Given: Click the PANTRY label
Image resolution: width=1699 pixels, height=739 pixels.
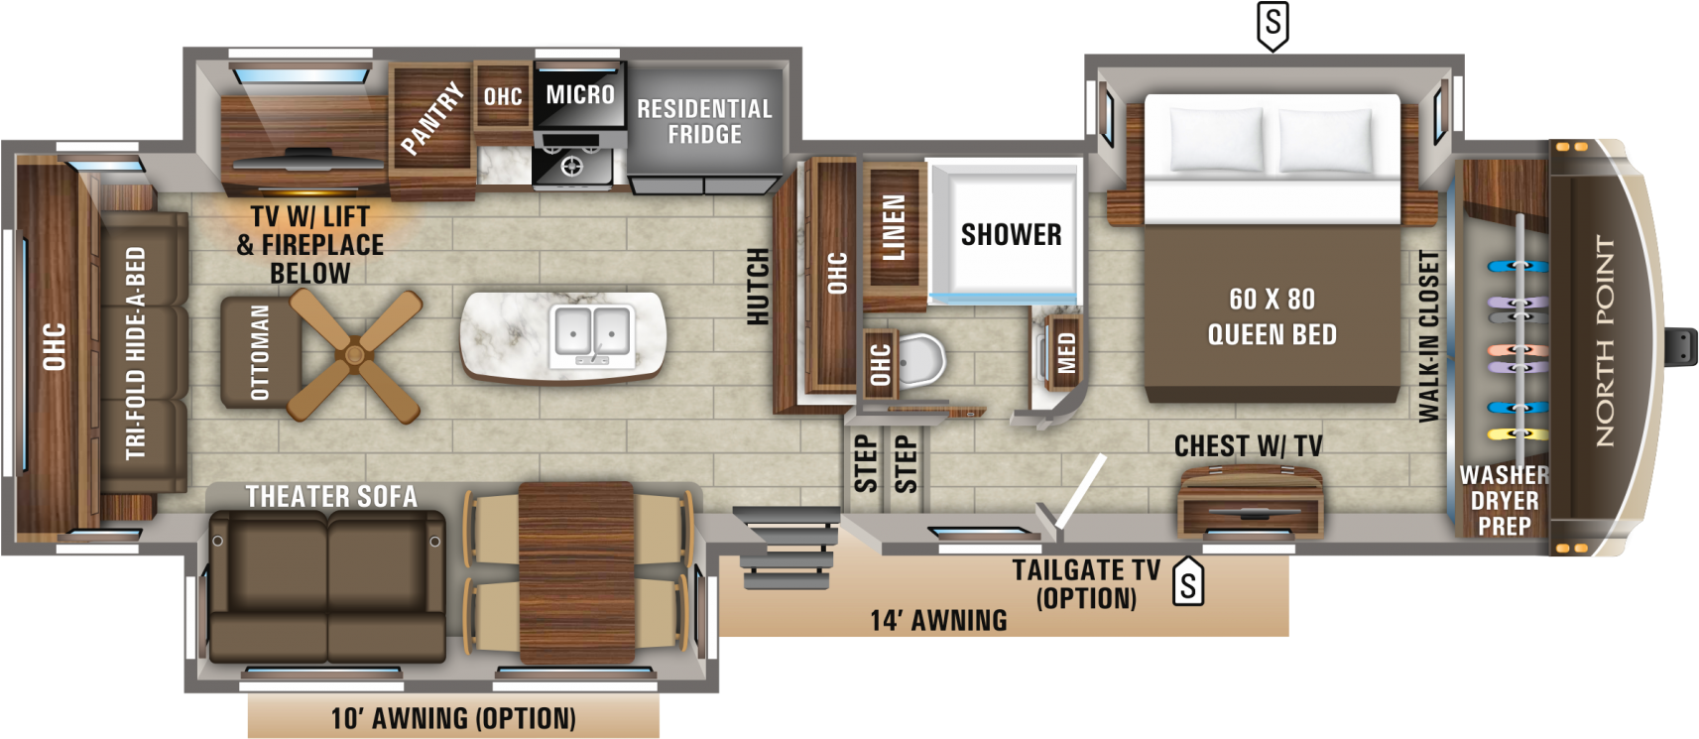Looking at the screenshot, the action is (x=432, y=118).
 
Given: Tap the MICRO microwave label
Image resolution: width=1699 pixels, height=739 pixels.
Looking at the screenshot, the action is (x=580, y=95).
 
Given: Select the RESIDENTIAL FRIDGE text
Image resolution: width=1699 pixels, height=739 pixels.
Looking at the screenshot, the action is (x=704, y=121).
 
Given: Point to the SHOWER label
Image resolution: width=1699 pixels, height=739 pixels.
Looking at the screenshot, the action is (x=1011, y=235).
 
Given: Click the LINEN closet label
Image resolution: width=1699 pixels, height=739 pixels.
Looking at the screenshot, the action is (x=895, y=227).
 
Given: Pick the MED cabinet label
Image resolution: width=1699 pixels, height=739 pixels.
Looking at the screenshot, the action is (x=1066, y=353).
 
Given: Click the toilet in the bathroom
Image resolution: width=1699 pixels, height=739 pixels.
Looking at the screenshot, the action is (x=920, y=360).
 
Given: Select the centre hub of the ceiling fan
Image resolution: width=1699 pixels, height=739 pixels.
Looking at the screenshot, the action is (x=353, y=354).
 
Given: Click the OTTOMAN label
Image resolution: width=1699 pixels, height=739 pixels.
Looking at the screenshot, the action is (x=260, y=352).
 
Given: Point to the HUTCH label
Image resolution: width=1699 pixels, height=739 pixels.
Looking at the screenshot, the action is (x=759, y=286).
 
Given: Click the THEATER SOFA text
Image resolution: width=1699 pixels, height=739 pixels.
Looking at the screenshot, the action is (x=331, y=497).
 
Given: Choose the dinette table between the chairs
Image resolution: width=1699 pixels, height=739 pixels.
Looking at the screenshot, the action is (x=576, y=572).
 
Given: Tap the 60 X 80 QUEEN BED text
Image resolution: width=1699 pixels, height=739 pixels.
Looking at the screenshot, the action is (x=1272, y=317).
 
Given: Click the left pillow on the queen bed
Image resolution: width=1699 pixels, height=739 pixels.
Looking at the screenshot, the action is (x=1216, y=140).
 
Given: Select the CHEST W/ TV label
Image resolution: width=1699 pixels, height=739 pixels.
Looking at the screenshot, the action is (x=1248, y=446).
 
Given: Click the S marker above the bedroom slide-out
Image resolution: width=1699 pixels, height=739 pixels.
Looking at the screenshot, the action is (x=1273, y=26).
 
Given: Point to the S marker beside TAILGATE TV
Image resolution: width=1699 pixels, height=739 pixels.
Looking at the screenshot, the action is (x=1188, y=582).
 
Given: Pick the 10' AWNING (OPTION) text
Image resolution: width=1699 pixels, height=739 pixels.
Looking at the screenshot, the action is (x=453, y=718).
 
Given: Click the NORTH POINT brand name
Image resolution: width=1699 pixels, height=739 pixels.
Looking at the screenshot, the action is (x=1604, y=340).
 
